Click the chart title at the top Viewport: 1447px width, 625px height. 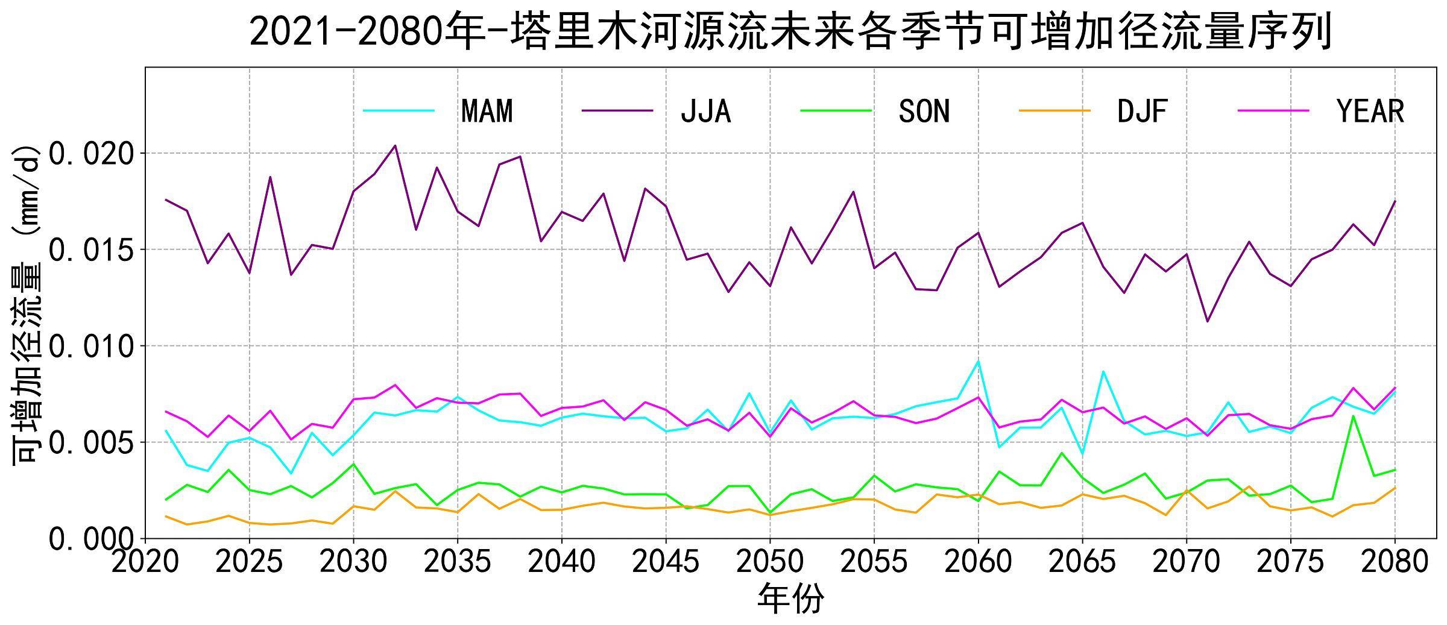coord(790,31)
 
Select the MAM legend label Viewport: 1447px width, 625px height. coord(487,111)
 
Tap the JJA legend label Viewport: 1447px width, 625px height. coord(705,111)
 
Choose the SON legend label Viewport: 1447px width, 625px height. coord(924,111)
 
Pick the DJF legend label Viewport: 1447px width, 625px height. coord(1143,111)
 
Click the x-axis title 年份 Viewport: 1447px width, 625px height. coord(790,599)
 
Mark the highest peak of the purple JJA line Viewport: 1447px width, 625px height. coord(395,145)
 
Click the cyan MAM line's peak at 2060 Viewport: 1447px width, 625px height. coord(978,360)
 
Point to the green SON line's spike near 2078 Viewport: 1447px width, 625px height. coord(1353,415)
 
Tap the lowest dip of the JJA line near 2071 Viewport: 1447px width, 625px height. coord(1207,321)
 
